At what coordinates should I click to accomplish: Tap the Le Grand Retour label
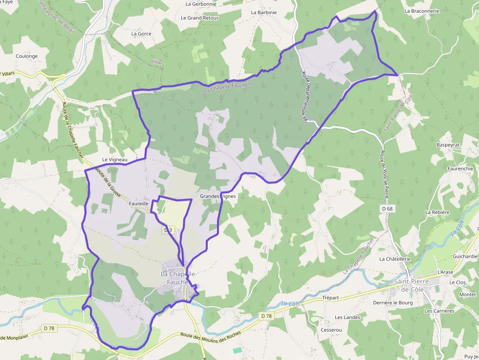[x=199, y=18]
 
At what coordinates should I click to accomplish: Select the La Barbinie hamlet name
[x=263, y=13]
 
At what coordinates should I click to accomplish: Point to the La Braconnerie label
[x=422, y=11]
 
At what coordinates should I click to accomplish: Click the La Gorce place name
[x=141, y=34]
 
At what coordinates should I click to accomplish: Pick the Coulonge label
[x=26, y=56]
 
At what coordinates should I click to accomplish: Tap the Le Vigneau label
[x=114, y=160]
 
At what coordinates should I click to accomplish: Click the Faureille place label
[x=138, y=203]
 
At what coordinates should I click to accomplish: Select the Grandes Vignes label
[x=218, y=196]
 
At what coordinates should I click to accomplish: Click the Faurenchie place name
[x=460, y=169]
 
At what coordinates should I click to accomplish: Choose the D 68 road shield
[x=387, y=209]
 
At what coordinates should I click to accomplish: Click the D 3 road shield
[x=168, y=230]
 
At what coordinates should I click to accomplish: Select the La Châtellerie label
[x=395, y=259]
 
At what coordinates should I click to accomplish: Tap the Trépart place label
[x=330, y=298]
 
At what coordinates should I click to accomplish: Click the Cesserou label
[x=331, y=330]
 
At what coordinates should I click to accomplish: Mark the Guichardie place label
[x=465, y=256]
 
